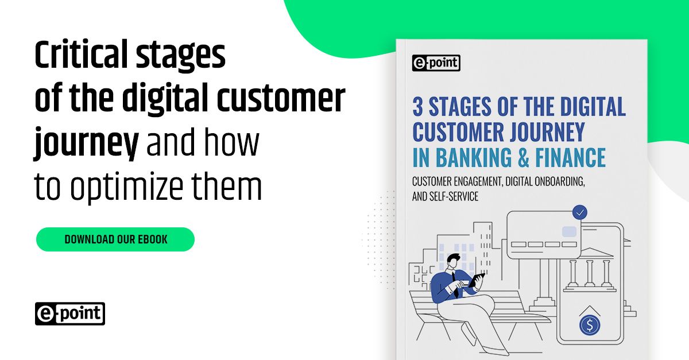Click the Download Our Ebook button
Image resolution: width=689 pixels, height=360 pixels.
click(x=115, y=239)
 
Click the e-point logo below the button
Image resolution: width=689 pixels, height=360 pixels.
click(x=69, y=313)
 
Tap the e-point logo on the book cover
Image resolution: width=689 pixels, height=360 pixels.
click(x=436, y=63)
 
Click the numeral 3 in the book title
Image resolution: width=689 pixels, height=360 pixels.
click(x=418, y=107)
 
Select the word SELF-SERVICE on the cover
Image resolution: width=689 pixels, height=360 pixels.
click(x=453, y=196)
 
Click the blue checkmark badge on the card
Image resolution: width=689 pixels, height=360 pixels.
click(x=580, y=213)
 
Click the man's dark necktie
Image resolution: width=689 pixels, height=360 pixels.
click(x=455, y=284)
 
